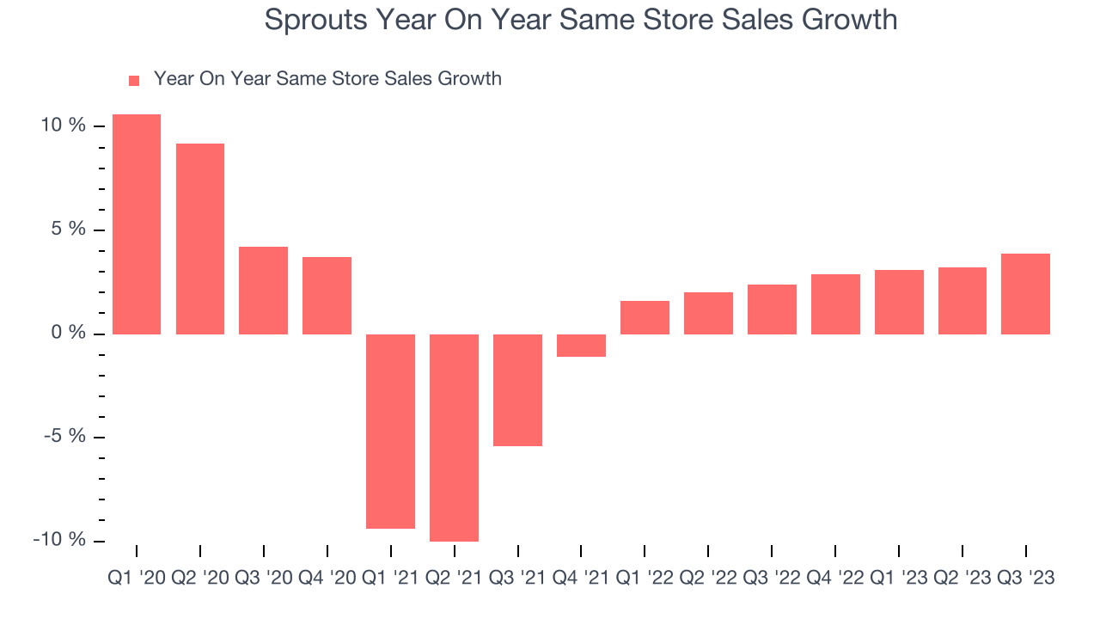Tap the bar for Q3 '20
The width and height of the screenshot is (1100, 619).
(263, 290)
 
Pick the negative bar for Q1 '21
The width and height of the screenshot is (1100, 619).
(390, 431)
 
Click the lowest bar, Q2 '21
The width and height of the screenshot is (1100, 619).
(454, 438)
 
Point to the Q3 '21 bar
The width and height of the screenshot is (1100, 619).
(517, 389)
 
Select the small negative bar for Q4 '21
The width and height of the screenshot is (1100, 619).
(581, 345)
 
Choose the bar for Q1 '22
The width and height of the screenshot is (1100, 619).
(645, 317)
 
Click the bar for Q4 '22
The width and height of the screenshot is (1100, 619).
(835, 303)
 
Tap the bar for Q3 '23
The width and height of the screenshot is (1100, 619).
(1025, 293)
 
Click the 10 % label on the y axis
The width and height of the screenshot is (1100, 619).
(63, 126)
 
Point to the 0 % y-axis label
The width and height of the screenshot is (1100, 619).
(68, 333)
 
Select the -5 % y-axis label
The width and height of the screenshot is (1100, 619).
(64, 436)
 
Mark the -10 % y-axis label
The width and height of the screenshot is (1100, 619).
(59, 540)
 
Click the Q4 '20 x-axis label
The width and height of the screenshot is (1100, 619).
(327, 579)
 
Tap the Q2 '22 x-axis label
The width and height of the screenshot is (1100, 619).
(708, 579)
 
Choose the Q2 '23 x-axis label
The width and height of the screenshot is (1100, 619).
(962, 579)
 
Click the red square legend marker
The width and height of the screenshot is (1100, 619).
(134, 80)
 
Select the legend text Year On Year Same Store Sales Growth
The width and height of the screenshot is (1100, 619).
(327, 79)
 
